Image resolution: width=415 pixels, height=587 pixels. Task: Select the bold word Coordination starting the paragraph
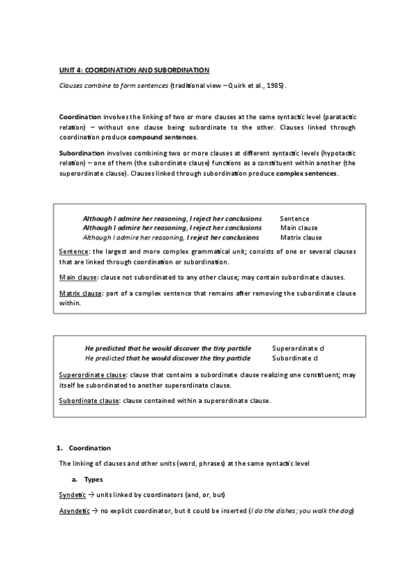80,117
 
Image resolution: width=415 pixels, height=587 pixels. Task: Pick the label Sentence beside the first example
294,219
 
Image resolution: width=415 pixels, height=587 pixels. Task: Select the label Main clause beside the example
299,228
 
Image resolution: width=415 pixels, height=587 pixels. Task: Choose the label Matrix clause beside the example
301,237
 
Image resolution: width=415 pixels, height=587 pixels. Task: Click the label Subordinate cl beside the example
294,359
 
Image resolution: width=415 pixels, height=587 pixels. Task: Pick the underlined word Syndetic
72,495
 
